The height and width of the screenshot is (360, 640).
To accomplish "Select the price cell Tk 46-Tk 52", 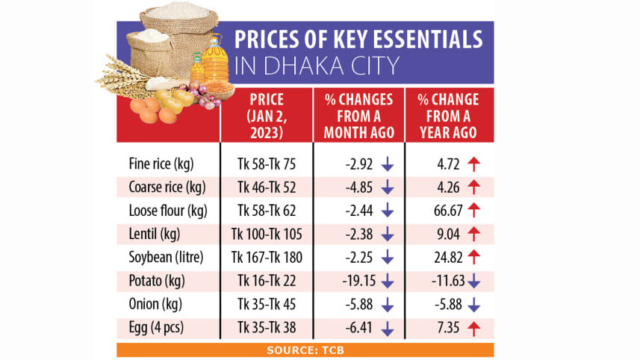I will coord(267,185).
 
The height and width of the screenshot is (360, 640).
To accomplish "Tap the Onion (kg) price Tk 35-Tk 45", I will coord(267,305).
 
